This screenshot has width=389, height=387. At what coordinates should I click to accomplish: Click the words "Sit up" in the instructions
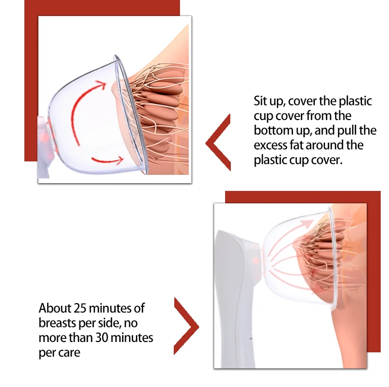click(269, 101)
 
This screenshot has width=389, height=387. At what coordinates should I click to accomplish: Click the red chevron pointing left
click(218, 143)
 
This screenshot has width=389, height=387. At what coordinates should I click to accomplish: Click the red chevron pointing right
click(187, 326)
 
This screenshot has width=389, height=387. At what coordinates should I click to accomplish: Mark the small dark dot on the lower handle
click(251, 338)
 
